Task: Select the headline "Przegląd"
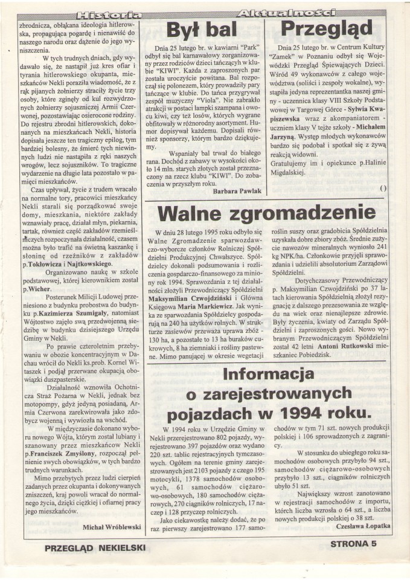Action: pos(327,30)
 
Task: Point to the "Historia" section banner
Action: pos(111,13)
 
